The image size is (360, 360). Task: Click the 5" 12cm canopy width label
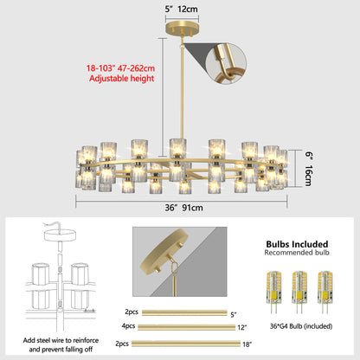[x=182, y=9]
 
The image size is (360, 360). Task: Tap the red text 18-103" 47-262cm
[x=120, y=68]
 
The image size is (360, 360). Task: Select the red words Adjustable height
[x=121, y=79]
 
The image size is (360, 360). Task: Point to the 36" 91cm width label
[x=183, y=208]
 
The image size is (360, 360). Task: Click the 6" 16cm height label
[x=308, y=169]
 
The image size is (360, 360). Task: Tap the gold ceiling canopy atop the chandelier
[x=182, y=29]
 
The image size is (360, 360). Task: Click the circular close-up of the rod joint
[x=226, y=63]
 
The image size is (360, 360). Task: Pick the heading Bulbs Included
[x=297, y=244]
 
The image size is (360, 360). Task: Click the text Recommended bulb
[x=297, y=253]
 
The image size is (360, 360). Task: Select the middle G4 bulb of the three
[x=299, y=292]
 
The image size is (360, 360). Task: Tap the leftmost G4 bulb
[x=273, y=292]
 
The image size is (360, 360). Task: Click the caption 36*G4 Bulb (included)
[x=301, y=326]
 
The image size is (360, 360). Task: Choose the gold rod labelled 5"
[x=184, y=312]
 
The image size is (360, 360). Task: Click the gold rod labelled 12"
[x=187, y=327]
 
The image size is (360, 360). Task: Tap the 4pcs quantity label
[x=128, y=326]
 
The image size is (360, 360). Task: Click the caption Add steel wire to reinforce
[x=61, y=340]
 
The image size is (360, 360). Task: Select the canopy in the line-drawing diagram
[x=60, y=235]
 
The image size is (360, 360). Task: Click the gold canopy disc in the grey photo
[x=164, y=251]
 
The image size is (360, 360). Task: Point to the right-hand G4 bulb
[x=325, y=292]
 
